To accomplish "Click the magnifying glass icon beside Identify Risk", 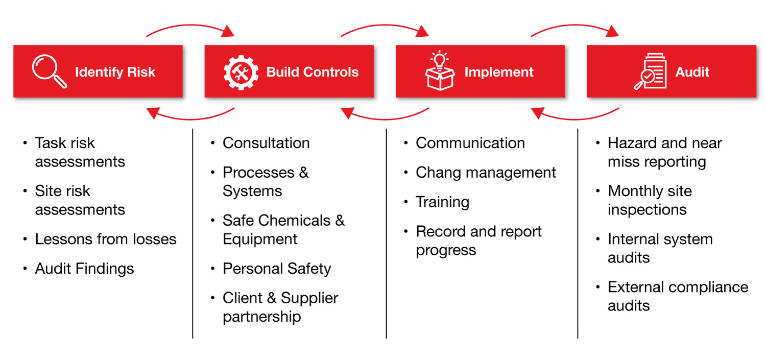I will pos(49,72).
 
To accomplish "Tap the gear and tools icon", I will pos(241,72).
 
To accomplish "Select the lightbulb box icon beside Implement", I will pos(439,71).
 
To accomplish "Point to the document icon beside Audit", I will pos(650,72).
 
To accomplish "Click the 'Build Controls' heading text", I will pos(312,72).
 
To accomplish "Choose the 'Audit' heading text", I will pos(692,72).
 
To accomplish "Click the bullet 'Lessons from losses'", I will pos(105,239).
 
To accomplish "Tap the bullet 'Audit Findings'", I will pos(84,269).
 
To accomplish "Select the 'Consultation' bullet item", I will pos(266,143).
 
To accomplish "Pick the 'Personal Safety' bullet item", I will pos(277,269).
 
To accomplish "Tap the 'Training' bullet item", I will pos(442,202).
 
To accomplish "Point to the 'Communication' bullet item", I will pos(470,143).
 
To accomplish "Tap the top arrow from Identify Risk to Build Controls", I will pos(190,29).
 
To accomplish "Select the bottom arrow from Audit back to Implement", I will pos(575,114).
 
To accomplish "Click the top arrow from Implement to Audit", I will pos(574,29).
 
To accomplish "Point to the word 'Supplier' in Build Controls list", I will pos(309,298).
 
